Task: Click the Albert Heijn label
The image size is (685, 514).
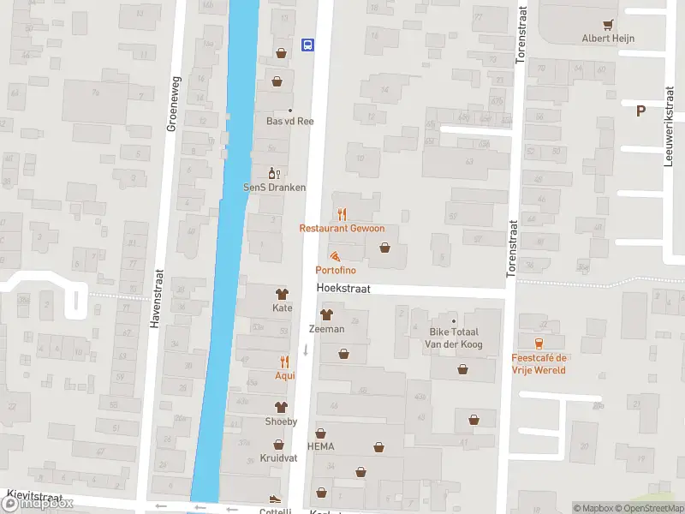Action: pyautogui.click(x=608, y=39)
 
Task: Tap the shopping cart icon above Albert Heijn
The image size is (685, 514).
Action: pyautogui.click(x=608, y=25)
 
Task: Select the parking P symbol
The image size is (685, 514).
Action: pyautogui.click(x=640, y=110)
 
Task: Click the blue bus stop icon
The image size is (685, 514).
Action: pyautogui.click(x=307, y=45)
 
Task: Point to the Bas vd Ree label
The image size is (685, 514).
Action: pyautogui.click(x=289, y=122)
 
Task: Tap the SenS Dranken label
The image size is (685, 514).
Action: pyautogui.click(x=274, y=187)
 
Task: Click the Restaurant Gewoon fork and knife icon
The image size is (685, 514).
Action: pyautogui.click(x=342, y=214)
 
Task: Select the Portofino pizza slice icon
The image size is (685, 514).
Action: pyautogui.click(x=334, y=256)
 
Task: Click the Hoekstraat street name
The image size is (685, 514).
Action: pyautogui.click(x=342, y=290)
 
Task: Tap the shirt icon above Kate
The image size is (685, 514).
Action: pyautogui.click(x=282, y=294)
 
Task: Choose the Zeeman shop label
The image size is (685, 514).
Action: pyautogui.click(x=326, y=329)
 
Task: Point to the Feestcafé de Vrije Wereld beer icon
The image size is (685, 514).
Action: pyautogui.click(x=539, y=344)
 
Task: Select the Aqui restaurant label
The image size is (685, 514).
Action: pyautogui.click(x=284, y=375)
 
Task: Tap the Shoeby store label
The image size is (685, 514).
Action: pyautogui.click(x=280, y=421)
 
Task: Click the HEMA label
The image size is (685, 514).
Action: pyautogui.click(x=321, y=446)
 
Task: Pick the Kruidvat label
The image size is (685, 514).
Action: pyautogui.click(x=278, y=458)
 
